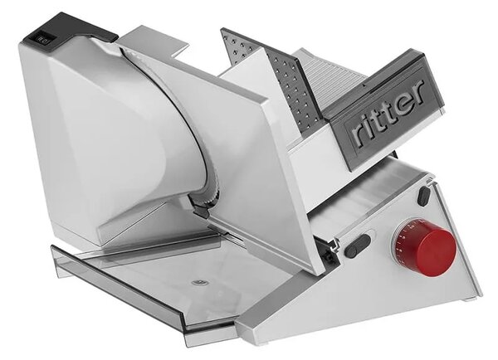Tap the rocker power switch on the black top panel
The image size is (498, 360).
click(x=42, y=39)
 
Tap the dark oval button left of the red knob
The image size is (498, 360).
click(x=358, y=246)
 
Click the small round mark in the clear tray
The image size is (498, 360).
click(x=199, y=281)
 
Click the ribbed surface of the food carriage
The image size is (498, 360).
click(x=334, y=76)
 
